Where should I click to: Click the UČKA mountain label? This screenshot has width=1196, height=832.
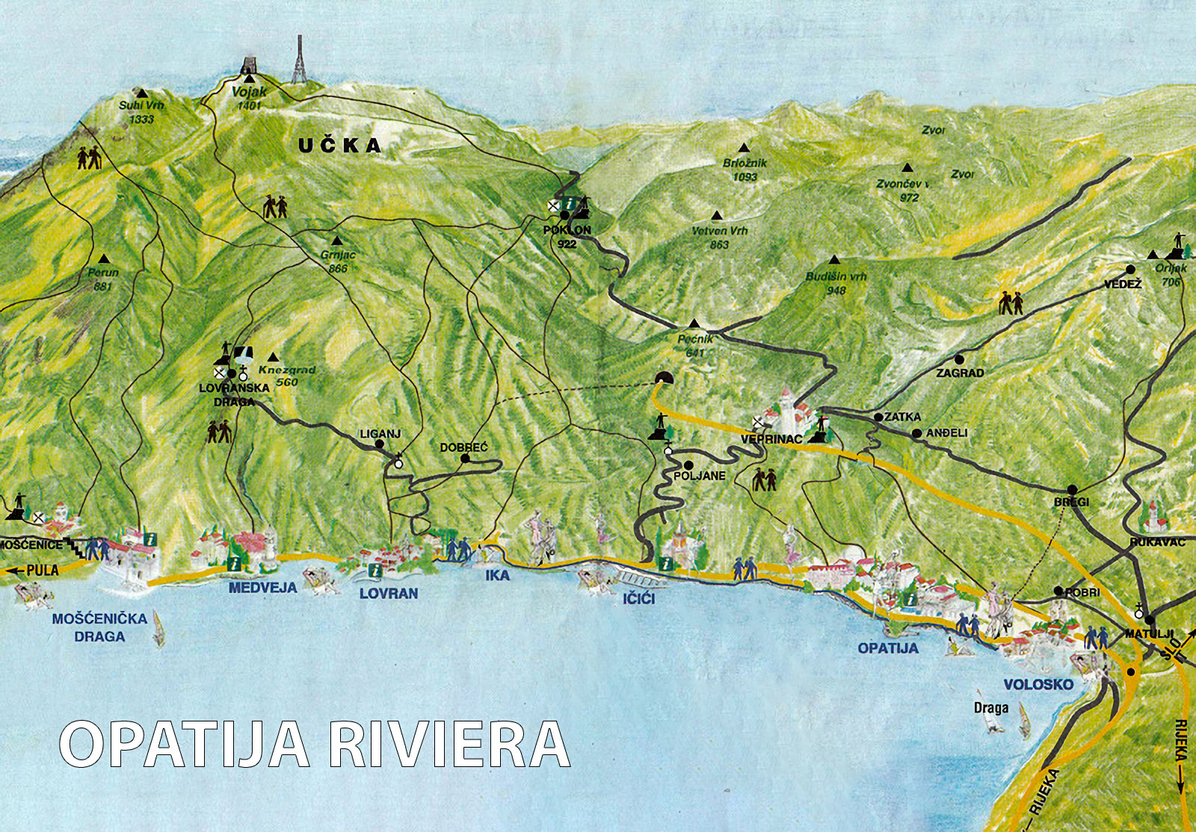pos(340,145)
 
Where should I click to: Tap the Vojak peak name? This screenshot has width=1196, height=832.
pos(249,92)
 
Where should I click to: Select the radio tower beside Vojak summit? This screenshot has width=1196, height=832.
pos(299,60)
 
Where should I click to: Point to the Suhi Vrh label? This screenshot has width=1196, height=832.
pos(141,105)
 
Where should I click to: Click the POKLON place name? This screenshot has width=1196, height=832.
pos(567,230)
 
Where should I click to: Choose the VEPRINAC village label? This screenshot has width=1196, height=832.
pos(771,439)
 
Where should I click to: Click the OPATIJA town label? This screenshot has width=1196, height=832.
pos(888,648)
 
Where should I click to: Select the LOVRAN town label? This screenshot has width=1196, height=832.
pos(389,594)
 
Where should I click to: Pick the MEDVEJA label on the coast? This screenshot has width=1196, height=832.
pos(262,588)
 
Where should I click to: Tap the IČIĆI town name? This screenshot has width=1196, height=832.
pos(639,598)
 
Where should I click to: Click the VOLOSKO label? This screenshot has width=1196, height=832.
pos(1038,684)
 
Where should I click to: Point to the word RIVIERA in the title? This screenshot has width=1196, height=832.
pos(449,745)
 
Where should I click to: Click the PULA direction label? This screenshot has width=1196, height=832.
pos(42,571)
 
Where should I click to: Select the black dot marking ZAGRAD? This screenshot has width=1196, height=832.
pos(960,359)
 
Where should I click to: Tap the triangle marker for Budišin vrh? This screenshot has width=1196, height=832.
pos(835,260)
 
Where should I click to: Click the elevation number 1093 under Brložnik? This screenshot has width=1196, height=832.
pos(745,177)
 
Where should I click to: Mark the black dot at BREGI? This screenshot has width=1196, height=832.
pos(1072,490)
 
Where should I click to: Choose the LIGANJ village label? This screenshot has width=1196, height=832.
pos(380,434)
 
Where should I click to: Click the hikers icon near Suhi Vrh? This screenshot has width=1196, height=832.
pos(89,158)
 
